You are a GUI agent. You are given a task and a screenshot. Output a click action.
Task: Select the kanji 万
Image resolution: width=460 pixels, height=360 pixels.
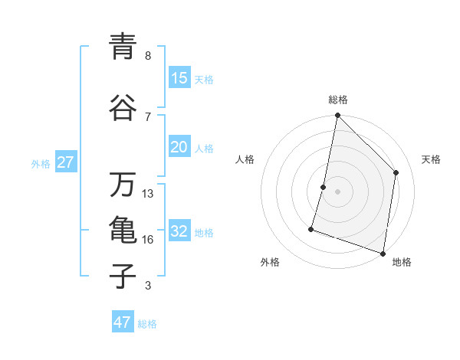pos(123,185)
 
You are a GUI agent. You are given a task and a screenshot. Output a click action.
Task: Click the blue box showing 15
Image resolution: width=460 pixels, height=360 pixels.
pos(179,78)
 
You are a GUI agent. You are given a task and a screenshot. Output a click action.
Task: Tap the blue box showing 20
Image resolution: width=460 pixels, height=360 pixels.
pos(179,148)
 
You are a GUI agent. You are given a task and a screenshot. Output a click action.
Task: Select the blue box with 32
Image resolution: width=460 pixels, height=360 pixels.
pos(179,232)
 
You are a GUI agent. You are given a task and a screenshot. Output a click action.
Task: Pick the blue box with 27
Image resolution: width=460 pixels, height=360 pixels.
pos(65,162)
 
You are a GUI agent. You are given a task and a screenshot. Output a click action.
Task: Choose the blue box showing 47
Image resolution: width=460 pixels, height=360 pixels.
pos(123,322)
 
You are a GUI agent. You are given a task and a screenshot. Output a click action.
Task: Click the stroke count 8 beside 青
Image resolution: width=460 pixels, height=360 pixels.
pos(148,55)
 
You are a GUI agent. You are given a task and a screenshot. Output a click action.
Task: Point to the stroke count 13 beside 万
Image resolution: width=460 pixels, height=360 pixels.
pos(148,193)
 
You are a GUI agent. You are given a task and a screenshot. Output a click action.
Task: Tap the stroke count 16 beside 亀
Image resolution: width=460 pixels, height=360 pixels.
pos(148,239)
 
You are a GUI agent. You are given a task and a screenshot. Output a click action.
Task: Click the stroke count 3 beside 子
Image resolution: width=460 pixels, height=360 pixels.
pos(148,286)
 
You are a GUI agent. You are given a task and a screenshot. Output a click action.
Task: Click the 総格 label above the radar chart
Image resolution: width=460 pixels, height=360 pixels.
pos(338,100)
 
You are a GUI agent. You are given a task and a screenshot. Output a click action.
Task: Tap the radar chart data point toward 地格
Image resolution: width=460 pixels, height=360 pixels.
pos(383,253)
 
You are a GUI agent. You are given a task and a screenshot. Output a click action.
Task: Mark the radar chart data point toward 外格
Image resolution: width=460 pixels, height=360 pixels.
pos(311,228)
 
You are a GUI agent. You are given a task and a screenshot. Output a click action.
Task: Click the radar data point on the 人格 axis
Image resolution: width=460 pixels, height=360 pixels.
pos(324,187)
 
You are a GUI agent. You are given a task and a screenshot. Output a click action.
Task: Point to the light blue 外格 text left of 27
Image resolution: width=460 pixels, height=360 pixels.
pos(41,163)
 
